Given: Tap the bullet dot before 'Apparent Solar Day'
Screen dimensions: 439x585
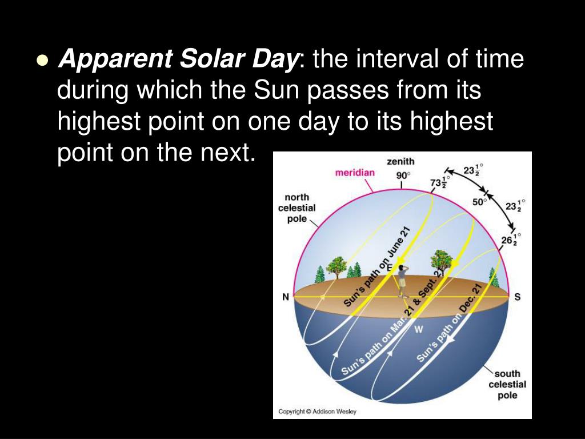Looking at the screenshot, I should tap(41, 61).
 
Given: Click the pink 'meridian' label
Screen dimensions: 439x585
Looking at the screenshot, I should tap(355, 173).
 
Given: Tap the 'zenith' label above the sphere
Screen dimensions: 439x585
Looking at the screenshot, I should tap(400, 162).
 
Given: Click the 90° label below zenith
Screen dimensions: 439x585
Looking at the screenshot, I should tap(403, 175).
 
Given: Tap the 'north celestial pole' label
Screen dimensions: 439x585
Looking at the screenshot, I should tap(296, 208).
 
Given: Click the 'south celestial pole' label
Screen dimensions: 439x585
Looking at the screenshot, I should tap(507, 384).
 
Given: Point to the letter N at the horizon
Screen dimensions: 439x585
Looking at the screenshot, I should tap(285, 297).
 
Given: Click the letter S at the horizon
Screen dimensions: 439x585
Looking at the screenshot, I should tap(517, 297).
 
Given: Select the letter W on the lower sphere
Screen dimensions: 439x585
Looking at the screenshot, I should tap(419, 329).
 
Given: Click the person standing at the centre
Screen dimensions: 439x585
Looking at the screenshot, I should tap(402, 280).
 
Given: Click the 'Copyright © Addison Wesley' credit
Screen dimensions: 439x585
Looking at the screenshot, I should tap(317, 412).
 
